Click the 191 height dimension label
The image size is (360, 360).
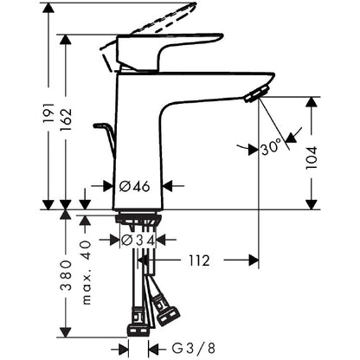(x=48, y=112)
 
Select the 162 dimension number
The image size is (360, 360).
(x=66, y=119)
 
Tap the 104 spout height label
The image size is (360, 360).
(x=312, y=157)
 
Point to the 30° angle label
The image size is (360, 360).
(x=271, y=148)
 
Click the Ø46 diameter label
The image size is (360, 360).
(x=135, y=187)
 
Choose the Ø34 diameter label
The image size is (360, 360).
(x=138, y=240)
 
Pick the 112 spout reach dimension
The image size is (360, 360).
(x=199, y=260)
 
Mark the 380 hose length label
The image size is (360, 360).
(x=66, y=275)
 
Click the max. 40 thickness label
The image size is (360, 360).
(x=87, y=273)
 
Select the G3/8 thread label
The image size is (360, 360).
(x=194, y=349)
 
